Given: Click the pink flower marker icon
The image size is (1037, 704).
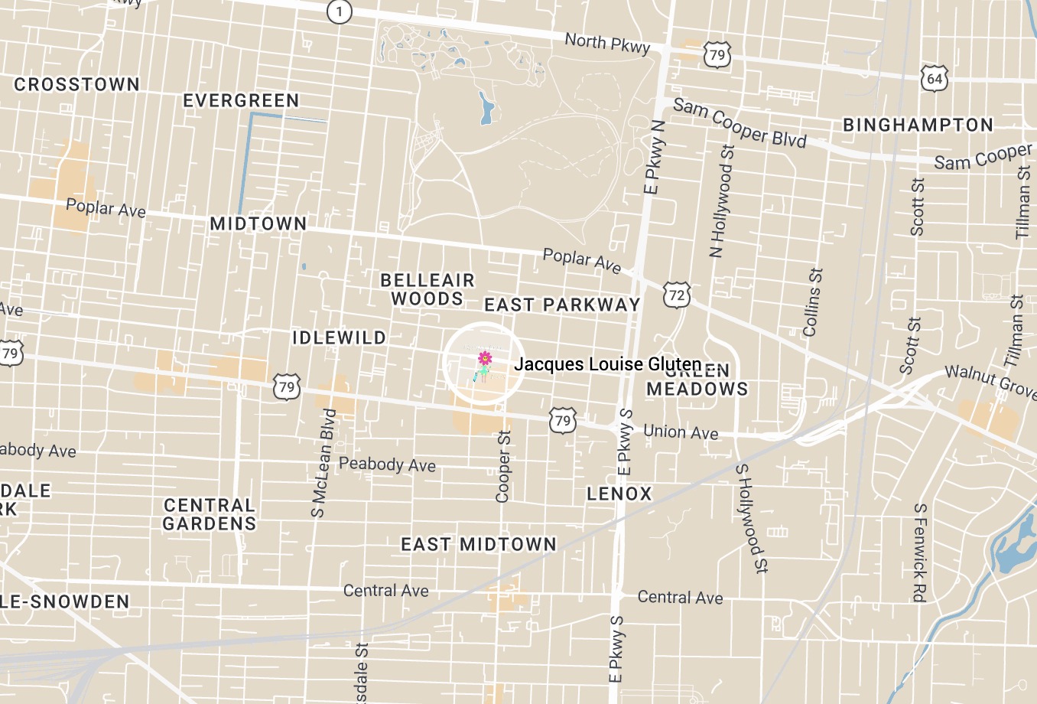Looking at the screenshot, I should point(484,358).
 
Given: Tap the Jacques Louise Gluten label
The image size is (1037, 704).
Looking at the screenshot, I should point(607,364).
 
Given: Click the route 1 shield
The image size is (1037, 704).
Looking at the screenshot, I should point(339,11).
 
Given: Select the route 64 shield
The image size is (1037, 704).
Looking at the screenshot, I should point(935,79).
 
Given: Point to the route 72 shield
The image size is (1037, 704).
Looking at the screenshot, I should point(677,295).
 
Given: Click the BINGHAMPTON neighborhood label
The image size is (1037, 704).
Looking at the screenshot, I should point(918,125).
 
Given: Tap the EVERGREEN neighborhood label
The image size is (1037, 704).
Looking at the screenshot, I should point(241,100).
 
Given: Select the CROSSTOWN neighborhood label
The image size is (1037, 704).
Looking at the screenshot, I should point(77,84).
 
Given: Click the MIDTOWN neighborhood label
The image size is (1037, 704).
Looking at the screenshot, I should point(258,223).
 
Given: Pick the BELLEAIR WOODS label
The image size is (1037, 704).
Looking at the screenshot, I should point(427,289).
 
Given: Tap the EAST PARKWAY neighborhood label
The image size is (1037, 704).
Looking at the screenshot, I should point(562,305).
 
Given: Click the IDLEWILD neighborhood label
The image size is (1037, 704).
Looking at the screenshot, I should point(339,337).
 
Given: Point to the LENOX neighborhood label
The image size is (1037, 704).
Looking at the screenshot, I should point(619,494).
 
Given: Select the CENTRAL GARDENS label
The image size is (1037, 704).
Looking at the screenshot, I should point(209,514).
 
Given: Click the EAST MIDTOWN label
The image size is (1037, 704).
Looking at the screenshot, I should point(479,544).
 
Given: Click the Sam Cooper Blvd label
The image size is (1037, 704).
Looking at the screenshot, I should point(740,123).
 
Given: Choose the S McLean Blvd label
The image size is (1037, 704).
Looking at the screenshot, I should point(323,463).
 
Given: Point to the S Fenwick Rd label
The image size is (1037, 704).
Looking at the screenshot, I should point(920,552).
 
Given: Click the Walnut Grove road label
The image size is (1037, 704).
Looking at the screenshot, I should point(990,380).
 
